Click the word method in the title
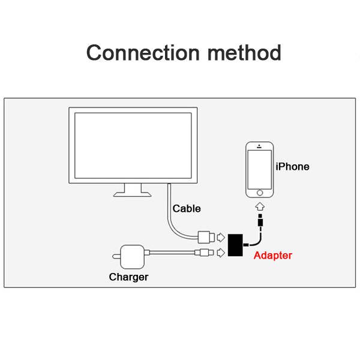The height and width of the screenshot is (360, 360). point(244,53)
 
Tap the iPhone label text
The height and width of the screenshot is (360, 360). point(292,167)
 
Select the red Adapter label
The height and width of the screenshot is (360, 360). point(273,256)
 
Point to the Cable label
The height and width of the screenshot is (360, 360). point(187,209)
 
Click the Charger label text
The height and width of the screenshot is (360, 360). point(128,277)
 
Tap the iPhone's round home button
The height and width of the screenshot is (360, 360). point(260,193)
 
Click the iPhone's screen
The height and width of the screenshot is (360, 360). point(260,169)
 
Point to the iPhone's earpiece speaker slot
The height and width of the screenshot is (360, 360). point(260,148)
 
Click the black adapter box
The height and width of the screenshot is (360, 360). point(238,244)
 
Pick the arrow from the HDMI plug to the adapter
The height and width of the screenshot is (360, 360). point(220,236)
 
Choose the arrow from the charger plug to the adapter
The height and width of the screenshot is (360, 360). point(220,253)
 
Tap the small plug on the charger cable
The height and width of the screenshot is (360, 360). point(206,253)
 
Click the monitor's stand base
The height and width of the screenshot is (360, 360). point(133,193)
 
